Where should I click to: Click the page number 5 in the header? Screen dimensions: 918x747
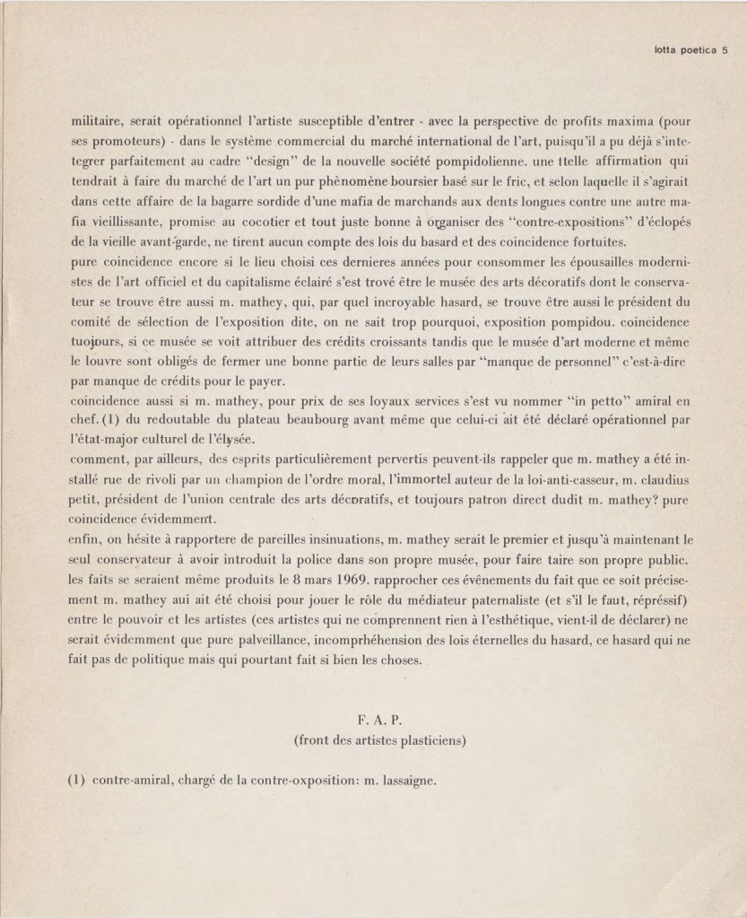pos(725,50)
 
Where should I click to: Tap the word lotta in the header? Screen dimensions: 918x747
pos(667,50)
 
